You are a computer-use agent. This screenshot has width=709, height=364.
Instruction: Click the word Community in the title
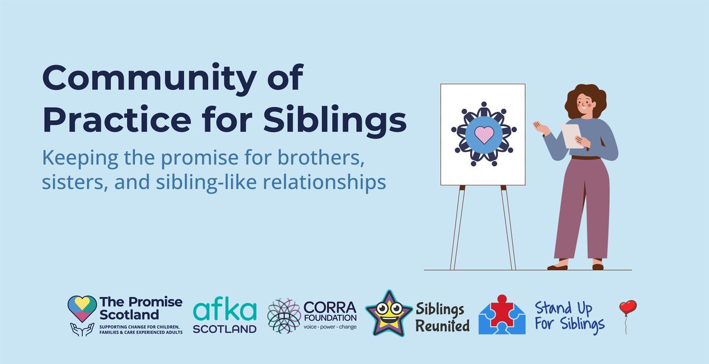tap(149, 78)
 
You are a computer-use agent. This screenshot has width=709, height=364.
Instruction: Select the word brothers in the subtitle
tap(321, 157)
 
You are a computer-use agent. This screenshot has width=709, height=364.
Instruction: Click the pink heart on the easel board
tap(484, 134)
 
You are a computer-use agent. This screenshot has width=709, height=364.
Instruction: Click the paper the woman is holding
tap(573, 136)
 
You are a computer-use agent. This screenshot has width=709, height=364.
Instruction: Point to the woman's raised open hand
tap(541, 127)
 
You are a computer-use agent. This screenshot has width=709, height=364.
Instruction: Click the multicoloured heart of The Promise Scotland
tap(82, 308)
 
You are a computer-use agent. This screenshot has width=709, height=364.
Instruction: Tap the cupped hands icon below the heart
tap(82, 329)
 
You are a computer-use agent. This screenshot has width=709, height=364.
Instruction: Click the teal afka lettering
tap(225, 311)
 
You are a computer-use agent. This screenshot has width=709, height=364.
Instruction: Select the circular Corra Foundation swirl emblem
tap(284, 315)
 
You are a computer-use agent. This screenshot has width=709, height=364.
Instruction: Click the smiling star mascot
tap(389, 313)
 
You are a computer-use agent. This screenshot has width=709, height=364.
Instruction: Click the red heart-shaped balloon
tap(628, 308)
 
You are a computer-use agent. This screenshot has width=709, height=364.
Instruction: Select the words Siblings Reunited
tap(443, 317)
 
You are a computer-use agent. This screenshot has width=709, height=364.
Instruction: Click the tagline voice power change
tap(330, 327)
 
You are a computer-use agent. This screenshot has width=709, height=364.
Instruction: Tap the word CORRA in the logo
tap(330, 307)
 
